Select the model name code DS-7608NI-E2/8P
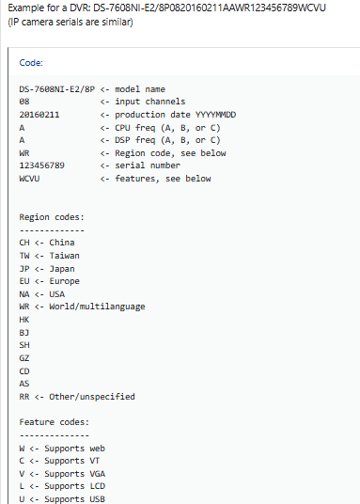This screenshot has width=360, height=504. tap(56, 89)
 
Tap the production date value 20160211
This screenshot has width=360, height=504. tap(40, 114)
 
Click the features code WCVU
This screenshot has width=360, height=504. tap(29, 178)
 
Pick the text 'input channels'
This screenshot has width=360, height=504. tap(152, 102)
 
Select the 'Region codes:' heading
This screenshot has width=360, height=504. tap(52, 217)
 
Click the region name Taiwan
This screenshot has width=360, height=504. tap(65, 255)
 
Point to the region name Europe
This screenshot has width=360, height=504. tap(65, 280)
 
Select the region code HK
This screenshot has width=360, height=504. tap(24, 320)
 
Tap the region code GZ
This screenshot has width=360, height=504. tap(24, 358)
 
